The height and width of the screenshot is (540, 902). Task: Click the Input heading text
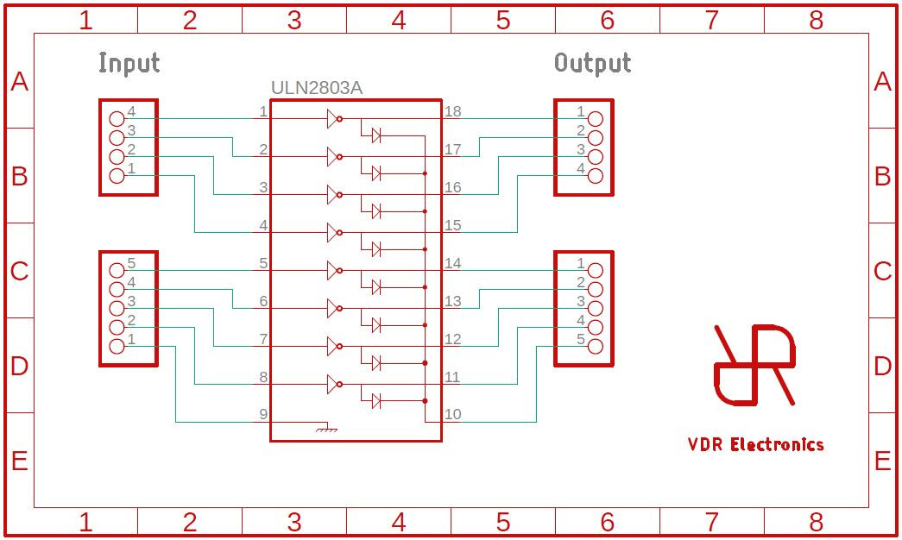pyautogui.click(x=129, y=63)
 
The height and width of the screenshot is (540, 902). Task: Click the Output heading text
pyautogui.click(x=592, y=63)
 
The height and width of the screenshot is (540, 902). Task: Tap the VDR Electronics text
pyautogui.click(x=755, y=445)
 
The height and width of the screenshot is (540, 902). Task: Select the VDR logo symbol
pyautogui.click(x=754, y=365)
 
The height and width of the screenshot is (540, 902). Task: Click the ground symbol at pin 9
pyautogui.click(x=325, y=427)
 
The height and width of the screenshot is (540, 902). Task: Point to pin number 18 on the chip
pyautogui.click(x=453, y=111)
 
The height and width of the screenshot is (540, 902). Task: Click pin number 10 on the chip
pyautogui.click(x=453, y=414)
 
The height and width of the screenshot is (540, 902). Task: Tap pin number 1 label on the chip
pyautogui.click(x=263, y=111)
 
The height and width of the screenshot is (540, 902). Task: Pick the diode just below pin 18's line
pyautogui.click(x=376, y=135)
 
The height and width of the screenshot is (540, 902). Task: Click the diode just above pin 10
pyautogui.click(x=376, y=400)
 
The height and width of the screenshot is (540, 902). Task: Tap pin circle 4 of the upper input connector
pyautogui.click(x=117, y=118)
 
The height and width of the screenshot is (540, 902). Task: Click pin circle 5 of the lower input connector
pyautogui.click(x=117, y=270)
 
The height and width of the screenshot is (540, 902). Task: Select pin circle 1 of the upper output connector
pyautogui.click(x=595, y=118)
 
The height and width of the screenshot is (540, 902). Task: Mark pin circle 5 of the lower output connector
pyautogui.click(x=595, y=347)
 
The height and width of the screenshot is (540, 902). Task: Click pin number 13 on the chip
pyautogui.click(x=453, y=301)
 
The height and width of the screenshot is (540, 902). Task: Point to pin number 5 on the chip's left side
pyautogui.click(x=263, y=263)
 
